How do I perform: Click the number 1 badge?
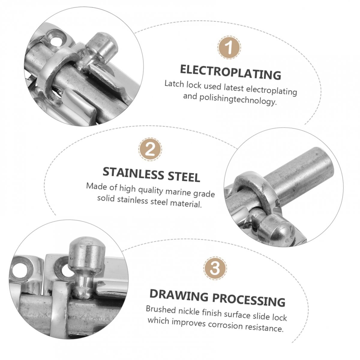click(229, 47)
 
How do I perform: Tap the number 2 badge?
click(150, 149)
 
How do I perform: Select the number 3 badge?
click(215, 268)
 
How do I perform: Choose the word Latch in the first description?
click(174, 84)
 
